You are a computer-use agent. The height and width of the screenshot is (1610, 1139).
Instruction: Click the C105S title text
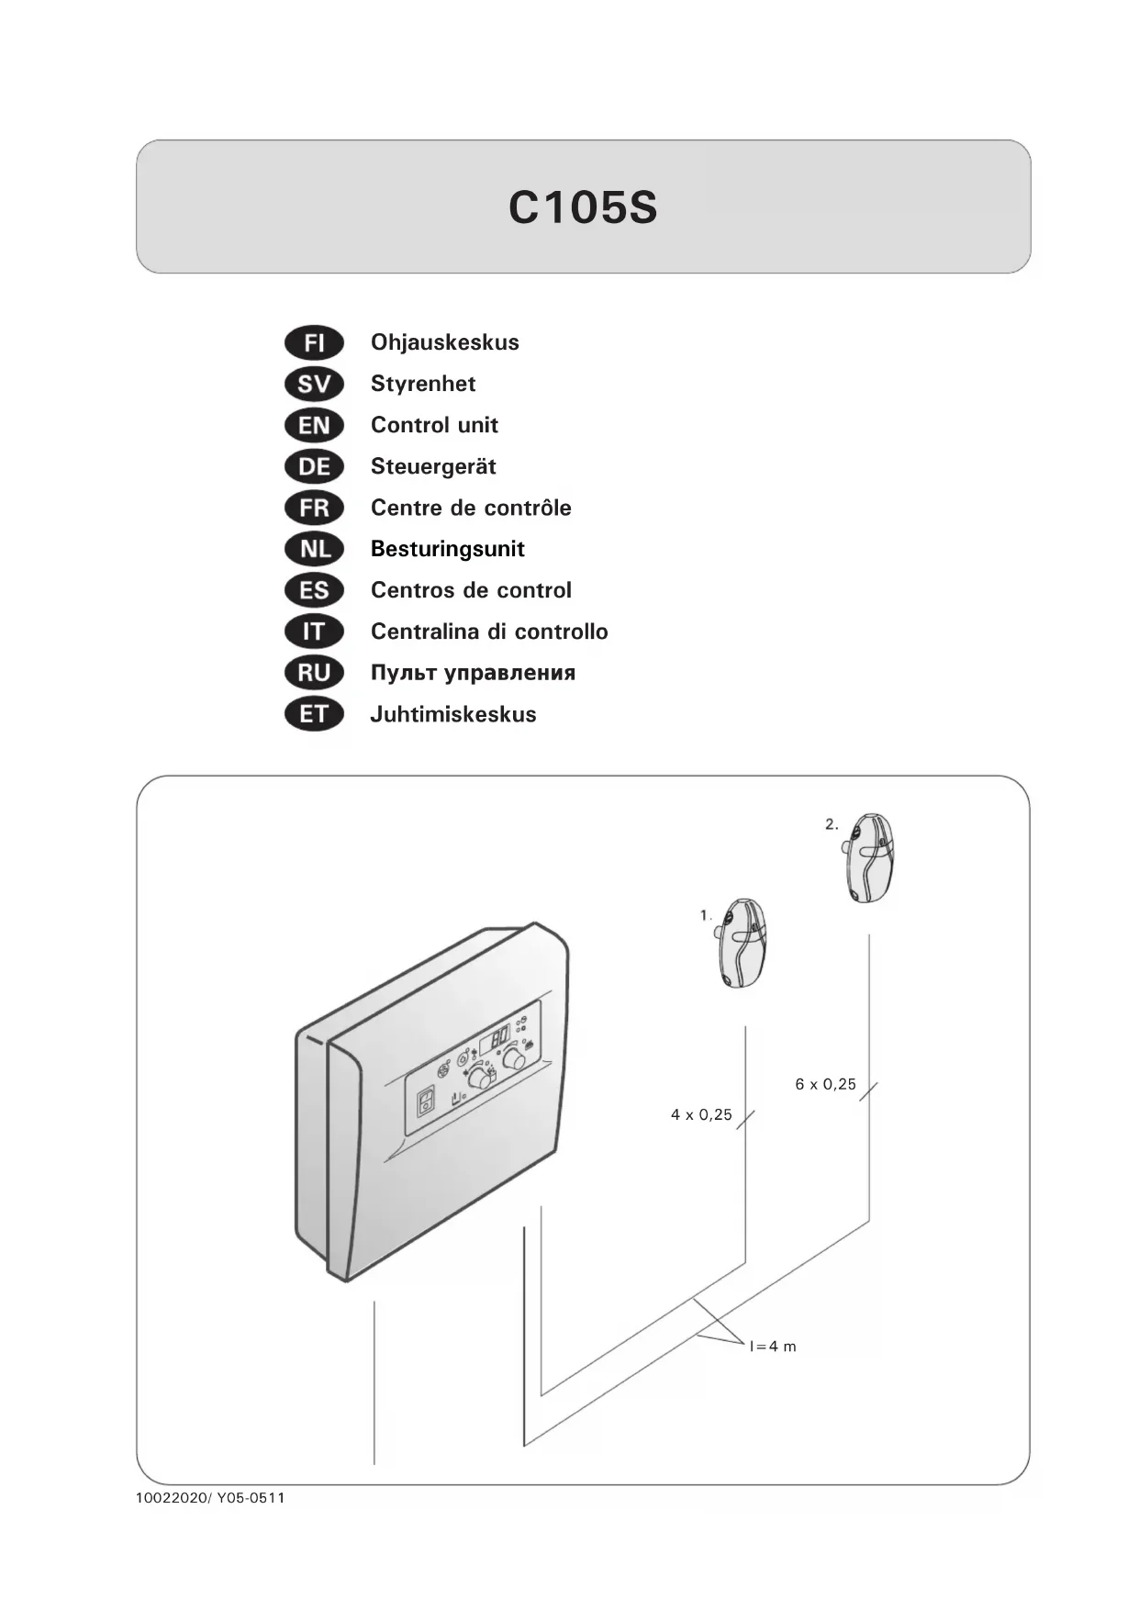583,207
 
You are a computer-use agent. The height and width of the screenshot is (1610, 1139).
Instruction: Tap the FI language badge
314,343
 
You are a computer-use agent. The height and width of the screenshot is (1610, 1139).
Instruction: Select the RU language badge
314,673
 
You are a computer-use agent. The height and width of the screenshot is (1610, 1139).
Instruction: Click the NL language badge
314,549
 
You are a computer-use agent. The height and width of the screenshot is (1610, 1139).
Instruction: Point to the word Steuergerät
433,466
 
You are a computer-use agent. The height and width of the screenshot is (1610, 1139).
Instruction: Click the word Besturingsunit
447,549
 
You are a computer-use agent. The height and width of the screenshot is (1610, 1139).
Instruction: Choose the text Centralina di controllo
489,632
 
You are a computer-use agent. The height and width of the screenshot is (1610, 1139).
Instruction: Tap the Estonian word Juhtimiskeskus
453,714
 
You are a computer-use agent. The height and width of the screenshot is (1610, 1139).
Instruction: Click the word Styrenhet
423,384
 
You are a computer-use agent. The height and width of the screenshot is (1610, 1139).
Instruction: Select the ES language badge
314,590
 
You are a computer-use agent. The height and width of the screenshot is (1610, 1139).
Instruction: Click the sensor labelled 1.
742,943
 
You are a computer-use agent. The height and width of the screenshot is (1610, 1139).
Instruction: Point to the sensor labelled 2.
868,857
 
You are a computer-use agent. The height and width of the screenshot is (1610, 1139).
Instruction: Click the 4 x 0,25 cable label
701,1115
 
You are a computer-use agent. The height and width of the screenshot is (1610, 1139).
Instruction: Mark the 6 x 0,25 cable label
825,1084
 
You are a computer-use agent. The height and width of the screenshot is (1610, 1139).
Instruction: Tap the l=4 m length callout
773,1347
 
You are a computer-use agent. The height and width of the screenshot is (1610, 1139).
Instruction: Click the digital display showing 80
495,1038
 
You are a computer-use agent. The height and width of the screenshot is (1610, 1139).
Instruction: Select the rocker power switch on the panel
426,1101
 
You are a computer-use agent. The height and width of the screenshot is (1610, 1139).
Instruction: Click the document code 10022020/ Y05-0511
210,1498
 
